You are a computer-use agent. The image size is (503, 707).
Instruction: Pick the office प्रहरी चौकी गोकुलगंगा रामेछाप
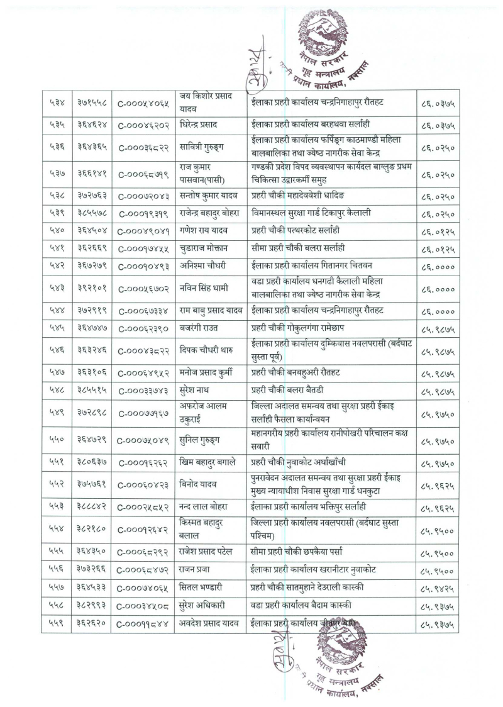pyautogui.click(x=298, y=328)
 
